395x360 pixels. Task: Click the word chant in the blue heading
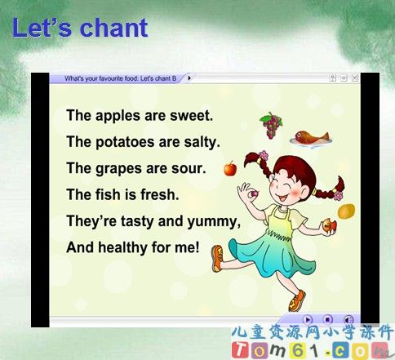(114, 28)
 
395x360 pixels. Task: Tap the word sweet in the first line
(191, 115)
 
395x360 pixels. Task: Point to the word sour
(189, 168)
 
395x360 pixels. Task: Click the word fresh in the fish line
(160, 194)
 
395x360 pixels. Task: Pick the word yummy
(214, 222)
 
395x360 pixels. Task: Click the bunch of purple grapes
(271, 126)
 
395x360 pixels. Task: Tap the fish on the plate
(312, 137)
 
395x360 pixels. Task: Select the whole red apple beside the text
(230, 168)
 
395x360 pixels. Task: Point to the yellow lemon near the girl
(347, 211)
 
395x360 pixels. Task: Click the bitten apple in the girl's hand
(329, 226)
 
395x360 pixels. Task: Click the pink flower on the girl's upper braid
(263, 156)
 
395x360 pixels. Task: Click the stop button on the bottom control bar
(327, 319)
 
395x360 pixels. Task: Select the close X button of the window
(355, 78)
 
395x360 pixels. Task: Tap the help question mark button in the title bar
(332, 78)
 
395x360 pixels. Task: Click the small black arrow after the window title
(189, 78)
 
